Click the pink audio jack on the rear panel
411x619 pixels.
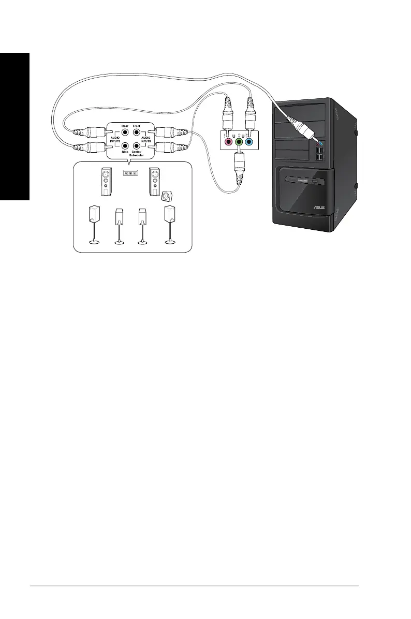tap(226, 142)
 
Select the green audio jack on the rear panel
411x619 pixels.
tap(239, 142)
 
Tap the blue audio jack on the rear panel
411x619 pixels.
tap(250, 142)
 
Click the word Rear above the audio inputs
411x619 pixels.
tap(125, 125)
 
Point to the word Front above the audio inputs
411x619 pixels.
tap(137, 125)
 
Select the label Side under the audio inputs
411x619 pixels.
tap(125, 152)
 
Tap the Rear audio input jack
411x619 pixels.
tap(125, 133)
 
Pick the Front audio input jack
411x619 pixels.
tap(137, 133)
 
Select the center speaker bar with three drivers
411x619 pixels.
tap(130, 173)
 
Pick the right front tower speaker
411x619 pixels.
tap(154, 181)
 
